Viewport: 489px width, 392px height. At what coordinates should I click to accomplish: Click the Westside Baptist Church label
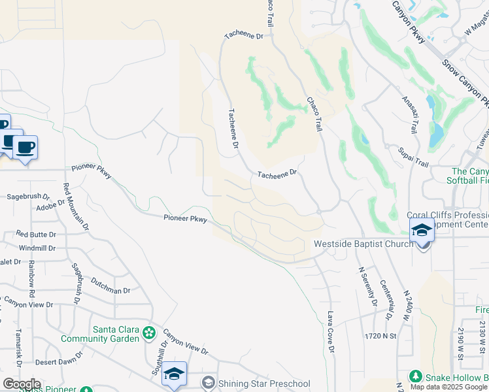[x=363, y=244]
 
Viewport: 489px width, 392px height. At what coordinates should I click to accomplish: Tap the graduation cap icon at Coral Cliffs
[x=422, y=231]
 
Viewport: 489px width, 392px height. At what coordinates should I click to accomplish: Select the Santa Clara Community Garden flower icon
[x=150, y=333]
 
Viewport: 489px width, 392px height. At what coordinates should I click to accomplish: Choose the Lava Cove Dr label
[x=331, y=332]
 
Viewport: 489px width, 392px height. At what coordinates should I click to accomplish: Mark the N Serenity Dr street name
[x=366, y=286]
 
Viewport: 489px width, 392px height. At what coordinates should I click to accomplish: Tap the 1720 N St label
[x=381, y=335]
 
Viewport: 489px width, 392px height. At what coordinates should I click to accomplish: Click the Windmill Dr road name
[x=37, y=248]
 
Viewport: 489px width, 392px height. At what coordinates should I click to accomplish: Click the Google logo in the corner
[x=22, y=384]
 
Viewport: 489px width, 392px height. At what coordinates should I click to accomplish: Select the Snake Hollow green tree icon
[x=415, y=377]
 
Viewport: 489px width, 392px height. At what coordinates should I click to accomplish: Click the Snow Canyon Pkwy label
[x=465, y=82]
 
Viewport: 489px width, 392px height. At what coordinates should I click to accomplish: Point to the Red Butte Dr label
[x=36, y=234]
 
